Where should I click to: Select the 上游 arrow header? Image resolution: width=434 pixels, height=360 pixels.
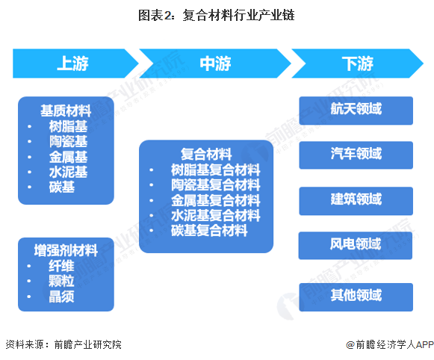72,63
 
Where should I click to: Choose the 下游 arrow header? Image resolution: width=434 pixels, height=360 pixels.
356,63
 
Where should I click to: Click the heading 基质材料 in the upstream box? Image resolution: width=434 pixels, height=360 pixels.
66,110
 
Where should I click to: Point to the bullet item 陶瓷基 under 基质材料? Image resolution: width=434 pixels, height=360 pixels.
68,141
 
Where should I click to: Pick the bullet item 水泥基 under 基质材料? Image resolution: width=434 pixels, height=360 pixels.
68,173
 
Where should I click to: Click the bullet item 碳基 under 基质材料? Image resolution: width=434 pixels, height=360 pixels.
62,187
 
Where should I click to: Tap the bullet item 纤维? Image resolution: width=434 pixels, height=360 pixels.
62,266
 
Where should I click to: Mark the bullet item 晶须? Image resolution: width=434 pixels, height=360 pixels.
62,297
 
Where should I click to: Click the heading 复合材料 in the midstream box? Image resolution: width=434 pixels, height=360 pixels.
206,154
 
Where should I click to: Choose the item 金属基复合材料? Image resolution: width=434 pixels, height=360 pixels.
216,200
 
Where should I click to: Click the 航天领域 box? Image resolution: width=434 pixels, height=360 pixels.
356,110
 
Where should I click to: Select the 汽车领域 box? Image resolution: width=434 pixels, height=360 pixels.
356,155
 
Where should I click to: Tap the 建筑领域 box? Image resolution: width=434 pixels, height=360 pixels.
356,200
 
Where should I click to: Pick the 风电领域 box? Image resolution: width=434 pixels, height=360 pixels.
356,244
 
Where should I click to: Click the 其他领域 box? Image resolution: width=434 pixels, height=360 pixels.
356,295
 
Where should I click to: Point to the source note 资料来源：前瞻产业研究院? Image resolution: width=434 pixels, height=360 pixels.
63,344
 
